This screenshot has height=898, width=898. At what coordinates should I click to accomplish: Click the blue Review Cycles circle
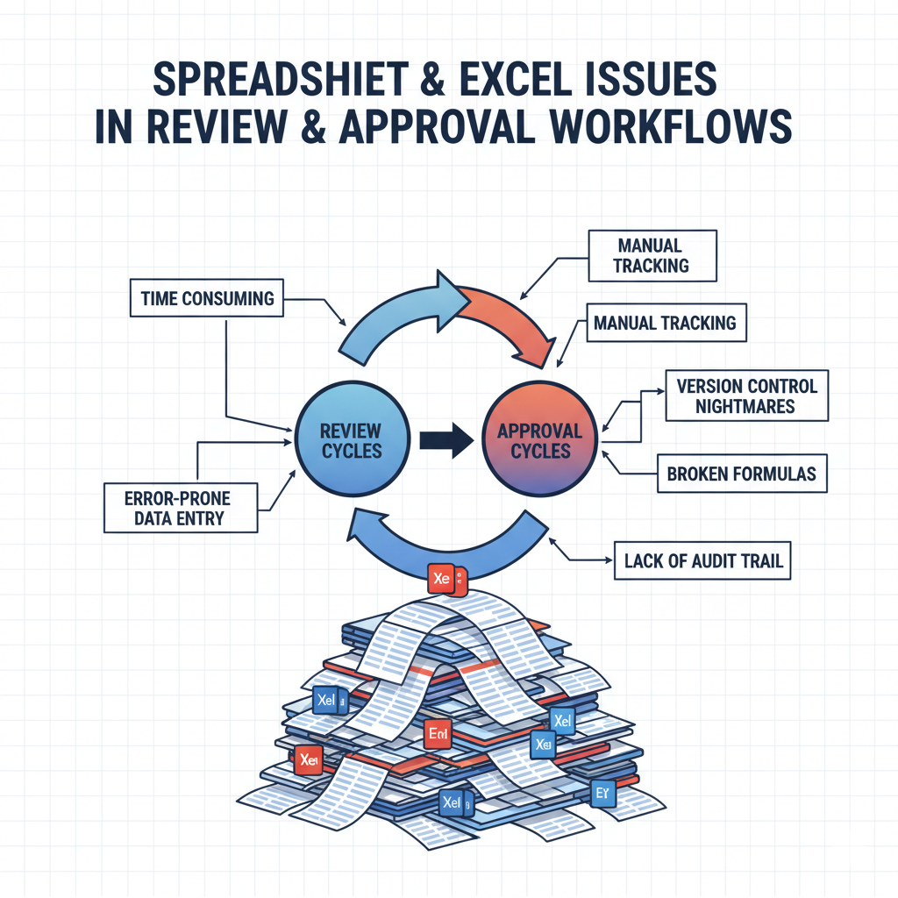pyautogui.click(x=351, y=440)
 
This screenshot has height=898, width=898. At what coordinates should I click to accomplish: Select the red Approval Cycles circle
pyautogui.click(x=539, y=440)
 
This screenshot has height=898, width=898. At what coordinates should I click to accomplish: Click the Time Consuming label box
pyautogui.click(x=207, y=299)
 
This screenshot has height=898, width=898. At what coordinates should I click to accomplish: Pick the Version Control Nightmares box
pyautogui.click(x=745, y=396)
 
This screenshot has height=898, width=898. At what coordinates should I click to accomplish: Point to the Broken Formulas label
pyautogui.click(x=741, y=474)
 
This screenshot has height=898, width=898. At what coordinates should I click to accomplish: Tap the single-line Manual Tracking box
pyautogui.click(x=664, y=324)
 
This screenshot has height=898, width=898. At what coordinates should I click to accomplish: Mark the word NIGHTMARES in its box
pyautogui.click(x=745, y=406)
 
